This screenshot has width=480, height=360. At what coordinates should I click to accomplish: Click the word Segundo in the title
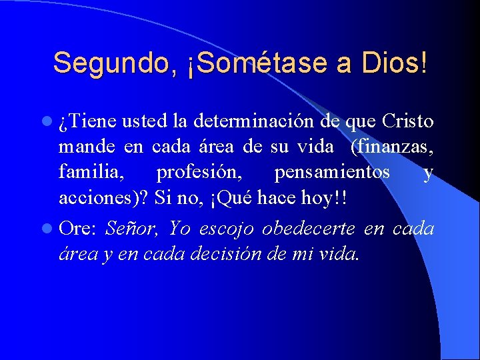click(113, 63)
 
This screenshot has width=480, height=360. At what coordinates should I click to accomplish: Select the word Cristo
click(408, 121)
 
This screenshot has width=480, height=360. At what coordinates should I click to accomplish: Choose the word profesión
click(198, 173)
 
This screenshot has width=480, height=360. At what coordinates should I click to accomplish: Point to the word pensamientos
click(331, 173)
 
